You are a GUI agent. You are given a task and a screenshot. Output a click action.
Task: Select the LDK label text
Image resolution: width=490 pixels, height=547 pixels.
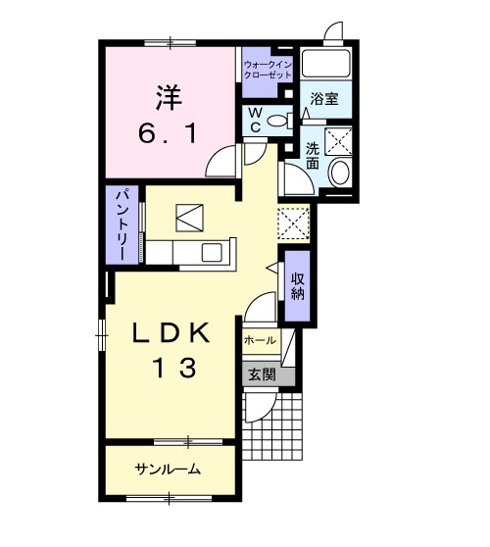pyautogui.click(x=172, y=334)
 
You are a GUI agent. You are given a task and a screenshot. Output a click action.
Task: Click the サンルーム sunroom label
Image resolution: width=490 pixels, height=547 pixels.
pyautogui.click(x=168, y=470)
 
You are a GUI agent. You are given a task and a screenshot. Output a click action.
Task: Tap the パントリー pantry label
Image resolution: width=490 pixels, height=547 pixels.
pyautogui.click(x=123, y=224)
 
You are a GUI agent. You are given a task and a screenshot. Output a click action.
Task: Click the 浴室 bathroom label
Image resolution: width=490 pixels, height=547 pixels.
pyautogui.click(x=324, y=99)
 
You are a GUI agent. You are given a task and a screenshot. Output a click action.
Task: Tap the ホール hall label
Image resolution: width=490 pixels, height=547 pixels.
pyautogui.click(x=259, y=340)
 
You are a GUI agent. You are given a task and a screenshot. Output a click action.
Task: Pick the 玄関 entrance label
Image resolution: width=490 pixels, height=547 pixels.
pyautogui.click(x=260, y=373)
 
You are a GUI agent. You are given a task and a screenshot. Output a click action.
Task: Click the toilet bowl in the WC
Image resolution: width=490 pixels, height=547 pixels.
pyautogui.click(x=278, y=121)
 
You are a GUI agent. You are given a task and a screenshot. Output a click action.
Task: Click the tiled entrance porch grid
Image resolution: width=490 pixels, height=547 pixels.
pyautogui.click(x=274, y=423)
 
